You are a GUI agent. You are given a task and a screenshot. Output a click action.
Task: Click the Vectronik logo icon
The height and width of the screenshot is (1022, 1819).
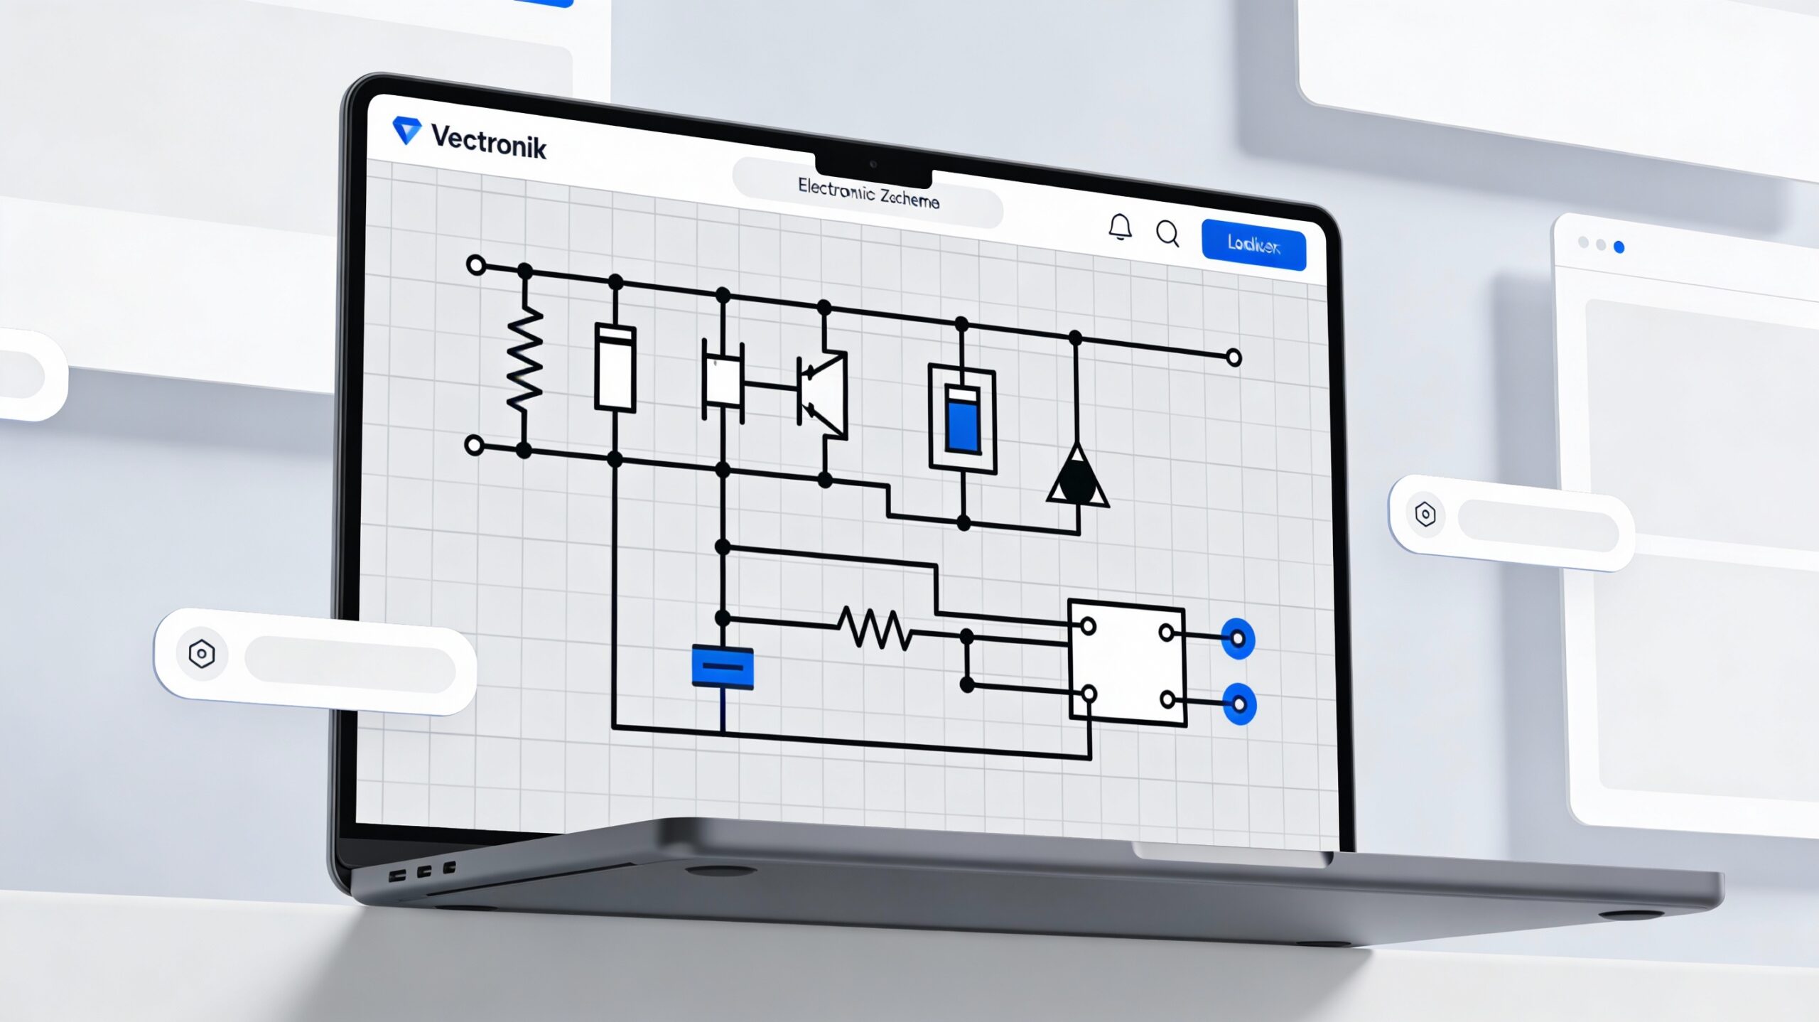pyautogui.click(x=407, y=130)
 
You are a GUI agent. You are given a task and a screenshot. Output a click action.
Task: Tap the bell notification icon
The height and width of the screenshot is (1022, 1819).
pyautogui.click(x=1121, y=227)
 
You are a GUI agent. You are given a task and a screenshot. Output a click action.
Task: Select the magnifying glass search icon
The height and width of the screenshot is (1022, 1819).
pyautogui.click(x=1167, y=233)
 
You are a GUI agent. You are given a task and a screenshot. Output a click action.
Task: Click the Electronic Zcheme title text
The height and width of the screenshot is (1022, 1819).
pyautogui.click(x=868, y=193)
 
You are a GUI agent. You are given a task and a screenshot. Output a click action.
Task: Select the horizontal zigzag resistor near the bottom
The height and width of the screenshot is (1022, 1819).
pyautogui.click(x=875, y=628)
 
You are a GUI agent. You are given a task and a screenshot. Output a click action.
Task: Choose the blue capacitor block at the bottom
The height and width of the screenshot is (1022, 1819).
pyautogui.click(x=723, y=667)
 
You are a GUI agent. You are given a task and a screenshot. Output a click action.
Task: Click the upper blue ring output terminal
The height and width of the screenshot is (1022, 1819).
pyautogui.click(x=1238, y=639)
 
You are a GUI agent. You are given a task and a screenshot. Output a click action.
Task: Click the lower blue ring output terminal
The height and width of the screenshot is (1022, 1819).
pyautogui.click(x=1239, y=704)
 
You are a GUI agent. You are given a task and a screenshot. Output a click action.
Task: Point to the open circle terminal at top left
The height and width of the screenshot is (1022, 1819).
pyautogui.click(x=476, y=266)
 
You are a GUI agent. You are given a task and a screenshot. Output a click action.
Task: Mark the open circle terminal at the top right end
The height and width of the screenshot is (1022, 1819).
pyautogui.click(x=1234, y=357)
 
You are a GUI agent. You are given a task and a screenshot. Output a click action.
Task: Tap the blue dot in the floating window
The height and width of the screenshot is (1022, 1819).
pyautogui.click(x=1619, y=247)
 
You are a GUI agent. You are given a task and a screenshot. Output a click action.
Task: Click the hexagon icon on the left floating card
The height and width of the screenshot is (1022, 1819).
pyautogui.click(x=202, y=654)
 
